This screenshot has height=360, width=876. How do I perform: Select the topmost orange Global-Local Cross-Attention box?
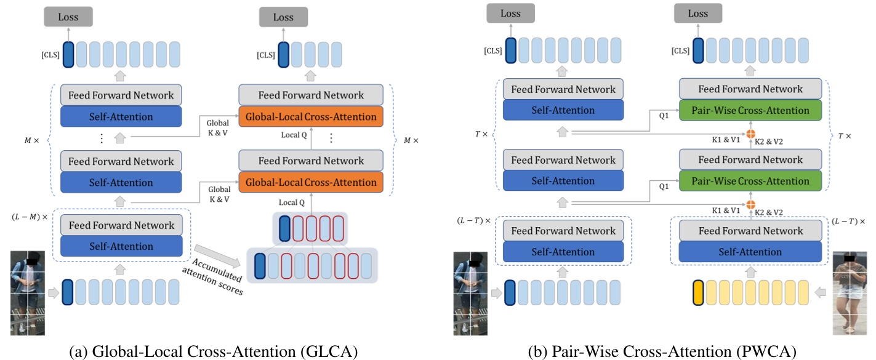click(x=311, y=117)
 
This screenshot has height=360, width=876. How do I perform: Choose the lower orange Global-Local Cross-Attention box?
click(x=311, y=182)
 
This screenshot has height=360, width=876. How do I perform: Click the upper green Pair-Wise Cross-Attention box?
click(x=750, y=111)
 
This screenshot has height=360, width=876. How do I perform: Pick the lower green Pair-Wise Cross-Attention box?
click(x=750, y=181)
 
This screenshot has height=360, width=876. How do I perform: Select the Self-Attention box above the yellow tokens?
click(x=750, y=252)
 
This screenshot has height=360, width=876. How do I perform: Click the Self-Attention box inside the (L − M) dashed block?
click(x=121, y=246)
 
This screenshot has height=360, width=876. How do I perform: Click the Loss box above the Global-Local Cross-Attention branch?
click(x=283, y=17)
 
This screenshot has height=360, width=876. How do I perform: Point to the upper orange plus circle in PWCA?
click(x=751, y=134)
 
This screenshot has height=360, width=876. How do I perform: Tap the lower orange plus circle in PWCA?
click(x=751, y=204)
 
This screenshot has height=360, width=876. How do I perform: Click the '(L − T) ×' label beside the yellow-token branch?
click(x=848, y=221)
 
